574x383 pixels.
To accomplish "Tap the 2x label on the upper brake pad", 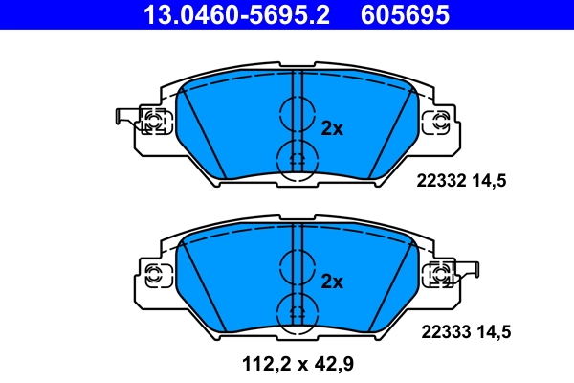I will [331, 128].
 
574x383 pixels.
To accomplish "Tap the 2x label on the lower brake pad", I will [331, 282].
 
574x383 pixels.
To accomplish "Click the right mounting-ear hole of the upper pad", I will [440, 121].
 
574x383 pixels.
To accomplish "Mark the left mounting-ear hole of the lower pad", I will [152, 274].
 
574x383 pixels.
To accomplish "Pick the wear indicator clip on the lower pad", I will [469, 272].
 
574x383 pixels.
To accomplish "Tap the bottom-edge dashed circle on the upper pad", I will [297, 159].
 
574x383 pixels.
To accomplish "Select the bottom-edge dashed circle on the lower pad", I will [297, 312].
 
